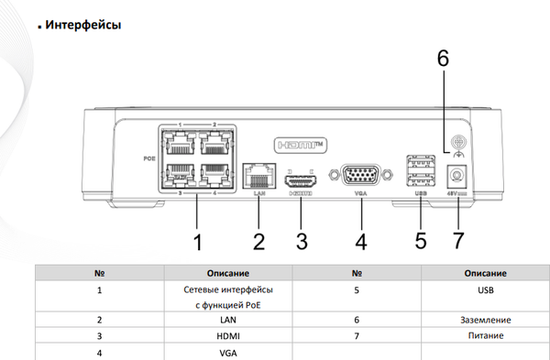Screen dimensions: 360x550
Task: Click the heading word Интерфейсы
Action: [x=82, y=25]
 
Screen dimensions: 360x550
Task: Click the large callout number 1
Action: [x=196, y=243]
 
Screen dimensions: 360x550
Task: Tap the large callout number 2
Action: [x=259, y=243]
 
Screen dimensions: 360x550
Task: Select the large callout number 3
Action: [x=301, y=243]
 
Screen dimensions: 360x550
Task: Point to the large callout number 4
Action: [x=362, y=243]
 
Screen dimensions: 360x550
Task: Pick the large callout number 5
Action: [x=421, y=243]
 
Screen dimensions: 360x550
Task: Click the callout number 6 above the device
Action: [x=443, y=57]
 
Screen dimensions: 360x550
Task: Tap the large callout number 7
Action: [x=458, y=243]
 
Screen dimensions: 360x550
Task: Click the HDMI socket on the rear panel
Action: [x=302, y=176]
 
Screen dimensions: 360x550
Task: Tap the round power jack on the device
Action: [x=452, y=176]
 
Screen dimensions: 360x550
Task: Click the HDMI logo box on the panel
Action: [x=302, y=144]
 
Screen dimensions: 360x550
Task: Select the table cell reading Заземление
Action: [x=485, y=320]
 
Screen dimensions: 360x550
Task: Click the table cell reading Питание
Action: [x=485, y=335]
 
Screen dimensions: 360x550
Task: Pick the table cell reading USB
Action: [x=485, y=289]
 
